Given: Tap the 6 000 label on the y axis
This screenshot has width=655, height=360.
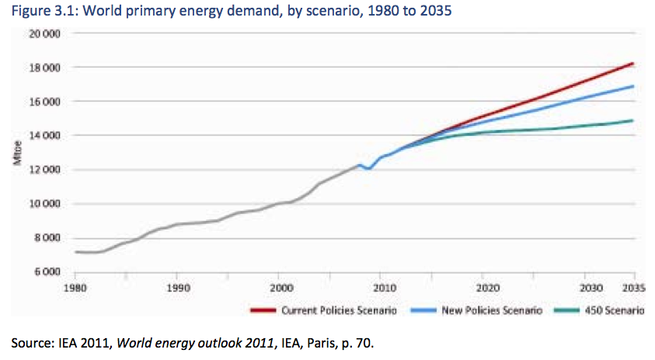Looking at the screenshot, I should coord(48,272).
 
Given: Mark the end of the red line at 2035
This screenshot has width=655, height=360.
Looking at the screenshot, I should coord(634,63).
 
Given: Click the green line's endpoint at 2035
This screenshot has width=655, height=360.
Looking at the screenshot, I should coord(634,121).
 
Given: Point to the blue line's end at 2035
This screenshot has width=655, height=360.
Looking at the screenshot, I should coord(634,86).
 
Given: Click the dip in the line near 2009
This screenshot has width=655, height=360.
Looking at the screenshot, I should coord(368,169).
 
